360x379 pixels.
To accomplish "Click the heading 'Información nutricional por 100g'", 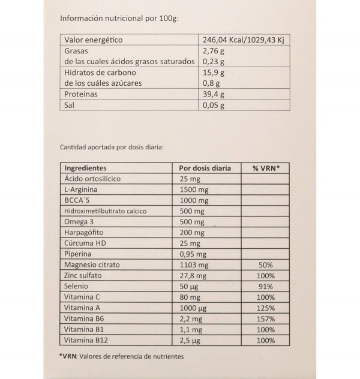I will [120, 18].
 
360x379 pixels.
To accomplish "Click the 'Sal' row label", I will [71, 106].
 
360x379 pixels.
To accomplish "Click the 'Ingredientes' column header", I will [85, 169].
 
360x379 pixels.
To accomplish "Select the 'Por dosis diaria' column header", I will [205, 169].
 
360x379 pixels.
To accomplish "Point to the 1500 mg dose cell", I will [194, 190].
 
